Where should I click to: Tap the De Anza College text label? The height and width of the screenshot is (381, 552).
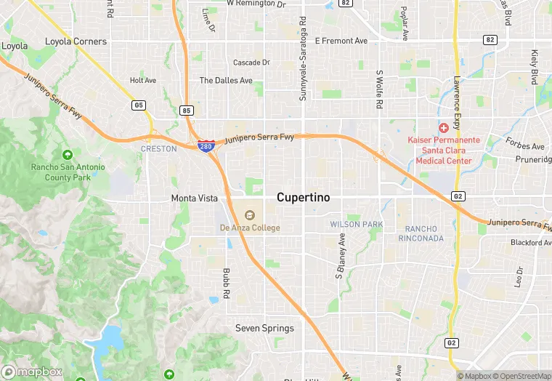(250, 228)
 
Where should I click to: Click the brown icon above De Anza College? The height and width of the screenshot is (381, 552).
(250, 215)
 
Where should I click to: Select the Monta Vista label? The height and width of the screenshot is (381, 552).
(194, 198)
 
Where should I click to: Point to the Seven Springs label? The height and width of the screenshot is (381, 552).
(264, 328)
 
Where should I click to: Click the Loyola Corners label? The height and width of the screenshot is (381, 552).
(76, 41)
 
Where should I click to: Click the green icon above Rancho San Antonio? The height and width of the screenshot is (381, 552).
(68, 155)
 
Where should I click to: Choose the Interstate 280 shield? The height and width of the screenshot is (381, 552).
(206, 146)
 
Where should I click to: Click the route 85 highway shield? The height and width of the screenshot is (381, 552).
(187, 111)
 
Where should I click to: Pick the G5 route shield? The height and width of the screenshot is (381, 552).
(138, 105)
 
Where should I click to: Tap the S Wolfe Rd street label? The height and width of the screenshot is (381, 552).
(379, 89)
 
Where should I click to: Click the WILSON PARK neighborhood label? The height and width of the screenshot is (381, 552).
(356, 224)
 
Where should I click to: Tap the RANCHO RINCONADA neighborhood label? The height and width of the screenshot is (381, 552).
(421, 233)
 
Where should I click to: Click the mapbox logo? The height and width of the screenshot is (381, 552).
(33, 372)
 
